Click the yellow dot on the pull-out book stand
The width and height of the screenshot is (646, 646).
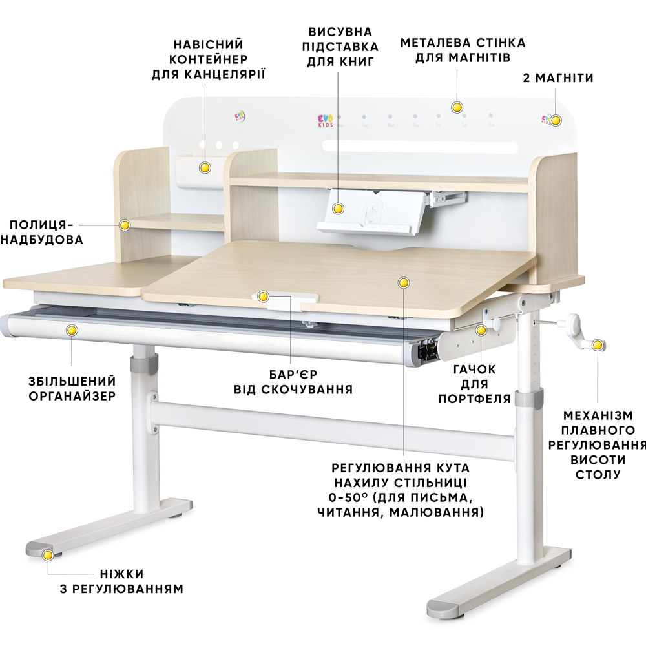click(x=338, y=209)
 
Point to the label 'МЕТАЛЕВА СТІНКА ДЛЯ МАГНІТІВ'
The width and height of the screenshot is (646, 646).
click(x=463, y=50)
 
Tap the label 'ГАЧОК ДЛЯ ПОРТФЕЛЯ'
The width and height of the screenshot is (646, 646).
click(x=475, y=384)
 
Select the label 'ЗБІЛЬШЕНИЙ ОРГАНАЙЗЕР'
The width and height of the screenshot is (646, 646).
click(x=72, y=388)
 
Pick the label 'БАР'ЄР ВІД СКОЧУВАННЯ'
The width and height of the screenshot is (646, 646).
click(x=293, y=381)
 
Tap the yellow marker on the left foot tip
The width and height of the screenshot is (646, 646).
click(x=47, y=554)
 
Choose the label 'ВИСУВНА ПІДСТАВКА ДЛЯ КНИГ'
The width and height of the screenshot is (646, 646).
click(x=340, y=46)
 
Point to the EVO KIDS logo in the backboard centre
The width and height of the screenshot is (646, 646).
click(x=326, y=120)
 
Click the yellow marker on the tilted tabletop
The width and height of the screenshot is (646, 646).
click(x=404, y=283)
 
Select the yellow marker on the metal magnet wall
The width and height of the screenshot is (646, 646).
click(x=457, y=107)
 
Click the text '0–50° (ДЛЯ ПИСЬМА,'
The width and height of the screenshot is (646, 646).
click(x=400, y=498)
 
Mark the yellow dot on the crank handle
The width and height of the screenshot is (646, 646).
click(x=598, y=346)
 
